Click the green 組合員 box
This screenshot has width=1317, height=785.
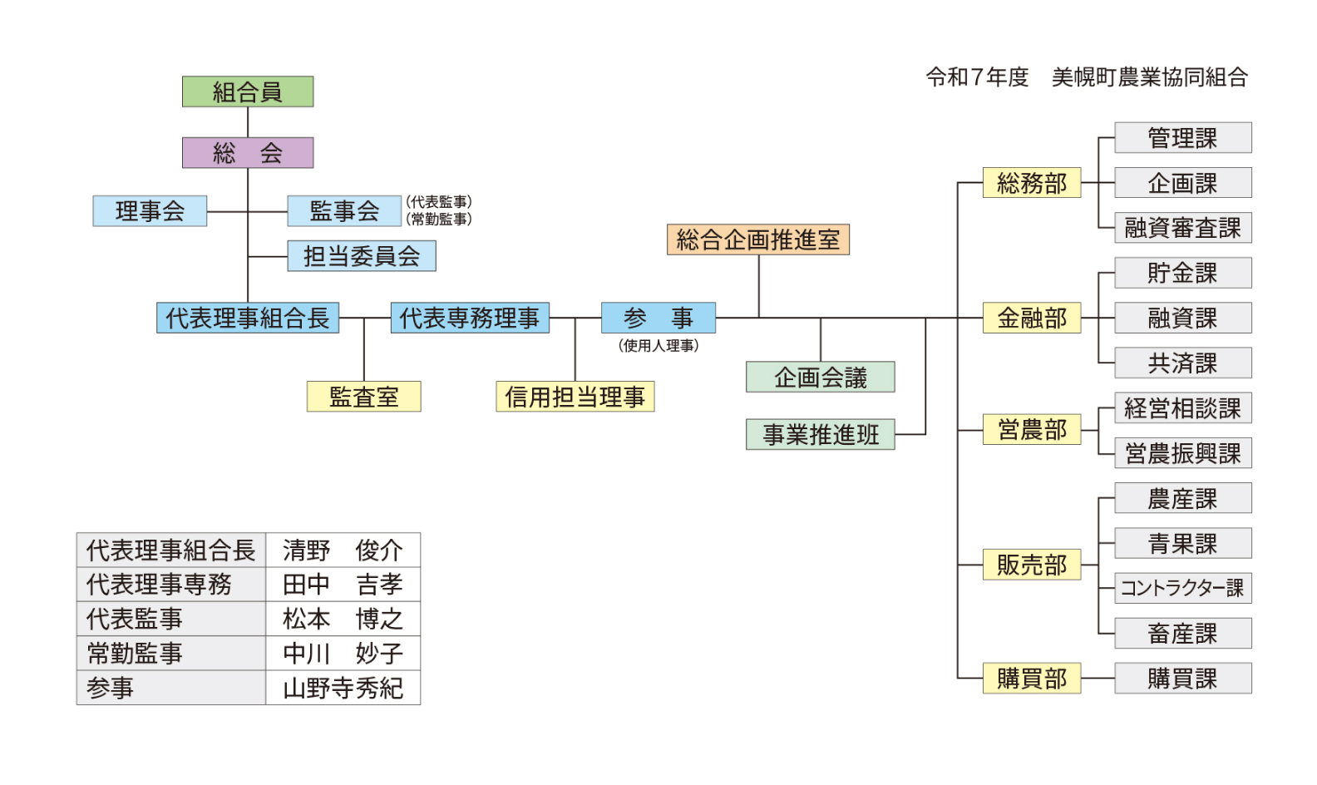(x=248, y=91)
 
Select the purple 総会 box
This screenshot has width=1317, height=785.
(x=248, y=153)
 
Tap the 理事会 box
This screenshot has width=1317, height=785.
(x=150, y=211)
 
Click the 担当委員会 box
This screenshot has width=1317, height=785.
(x=362, y=256)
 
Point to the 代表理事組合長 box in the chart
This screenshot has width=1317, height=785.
(x=248, y=318)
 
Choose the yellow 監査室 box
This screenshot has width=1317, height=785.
(x=363, y=397)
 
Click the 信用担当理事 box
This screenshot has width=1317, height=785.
(x=575, y=397)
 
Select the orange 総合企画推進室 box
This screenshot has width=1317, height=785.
(x=757, y=239)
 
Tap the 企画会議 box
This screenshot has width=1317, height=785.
(x=820, y=377)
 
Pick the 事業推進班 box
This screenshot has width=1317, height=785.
(x=820, y=434)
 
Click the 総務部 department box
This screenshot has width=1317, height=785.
(x=1031, y=183)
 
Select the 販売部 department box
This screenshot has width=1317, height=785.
(x=1031, y=565)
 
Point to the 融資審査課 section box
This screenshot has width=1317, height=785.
(x=1182, y=228)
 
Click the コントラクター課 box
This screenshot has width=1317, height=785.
(x=1182, y=588)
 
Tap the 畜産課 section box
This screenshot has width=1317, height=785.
(x=1182, y=634)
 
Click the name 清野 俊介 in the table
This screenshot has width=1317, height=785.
(x=343, y=550)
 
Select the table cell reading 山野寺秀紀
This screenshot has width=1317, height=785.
(x=343, y=688)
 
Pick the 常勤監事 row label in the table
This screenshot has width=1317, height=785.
(x=135, y=654)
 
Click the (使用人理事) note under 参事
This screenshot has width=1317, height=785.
(x=658, y=345)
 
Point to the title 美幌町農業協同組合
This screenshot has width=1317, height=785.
(x=1149, y=77)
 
